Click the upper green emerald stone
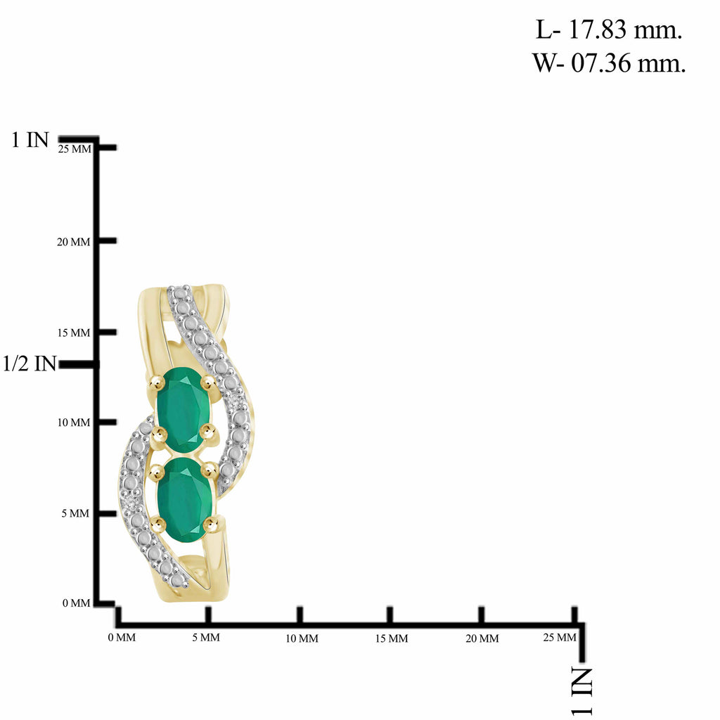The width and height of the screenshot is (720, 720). click(182, 409)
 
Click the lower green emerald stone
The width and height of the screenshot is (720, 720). click(184, 500)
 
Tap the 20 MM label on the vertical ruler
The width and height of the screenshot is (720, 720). click(73, 242)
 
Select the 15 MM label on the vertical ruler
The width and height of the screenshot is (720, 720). click(73, 333)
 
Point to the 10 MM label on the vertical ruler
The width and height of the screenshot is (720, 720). click(73, 423)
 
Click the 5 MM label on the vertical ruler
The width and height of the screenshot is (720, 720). click(75, 513)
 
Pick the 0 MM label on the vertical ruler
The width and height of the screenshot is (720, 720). click(76, 603)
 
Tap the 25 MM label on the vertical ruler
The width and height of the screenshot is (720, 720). click(75, 149)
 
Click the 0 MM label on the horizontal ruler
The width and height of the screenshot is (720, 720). click(122, 637)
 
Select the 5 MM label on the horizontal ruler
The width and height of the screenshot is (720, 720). click(206, 637)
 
